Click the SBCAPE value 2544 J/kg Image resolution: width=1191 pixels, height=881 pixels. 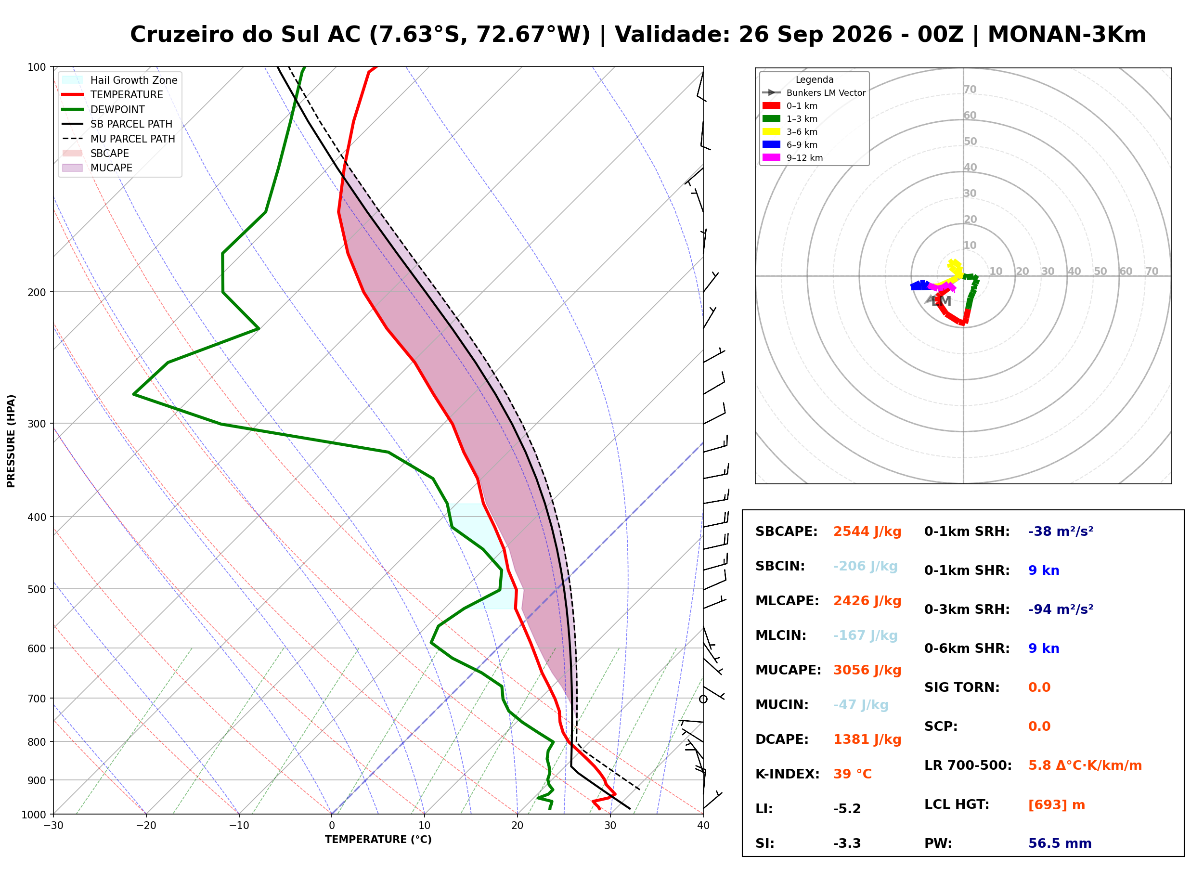[867, 531]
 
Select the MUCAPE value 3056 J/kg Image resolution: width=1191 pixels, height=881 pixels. [867, 670]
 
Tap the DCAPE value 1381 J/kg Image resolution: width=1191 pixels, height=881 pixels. [867, 739]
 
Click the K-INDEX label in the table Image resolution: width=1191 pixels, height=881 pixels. [788, 774]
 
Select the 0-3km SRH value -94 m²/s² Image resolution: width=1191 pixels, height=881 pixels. [1061, 609]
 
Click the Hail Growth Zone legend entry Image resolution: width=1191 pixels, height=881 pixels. [120, 80]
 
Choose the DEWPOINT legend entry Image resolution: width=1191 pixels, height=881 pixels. [104, 109]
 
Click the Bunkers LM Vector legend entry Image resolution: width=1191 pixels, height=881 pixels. [814, 93]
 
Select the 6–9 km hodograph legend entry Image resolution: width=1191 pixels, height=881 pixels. [792, 144]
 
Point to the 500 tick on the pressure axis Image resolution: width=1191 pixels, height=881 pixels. [37, 589]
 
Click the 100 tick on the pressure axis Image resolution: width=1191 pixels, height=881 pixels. [37, 67]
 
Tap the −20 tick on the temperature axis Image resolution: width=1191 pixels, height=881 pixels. [146, 826]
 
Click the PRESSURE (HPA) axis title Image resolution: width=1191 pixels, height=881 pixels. [11, 441]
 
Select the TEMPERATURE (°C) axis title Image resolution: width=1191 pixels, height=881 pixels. [378, 840]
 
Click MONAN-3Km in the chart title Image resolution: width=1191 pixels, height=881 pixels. [1067, 35]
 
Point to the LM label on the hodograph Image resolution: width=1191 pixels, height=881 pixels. [941, 301]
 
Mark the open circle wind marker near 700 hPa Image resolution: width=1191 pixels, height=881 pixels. [703, 699]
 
